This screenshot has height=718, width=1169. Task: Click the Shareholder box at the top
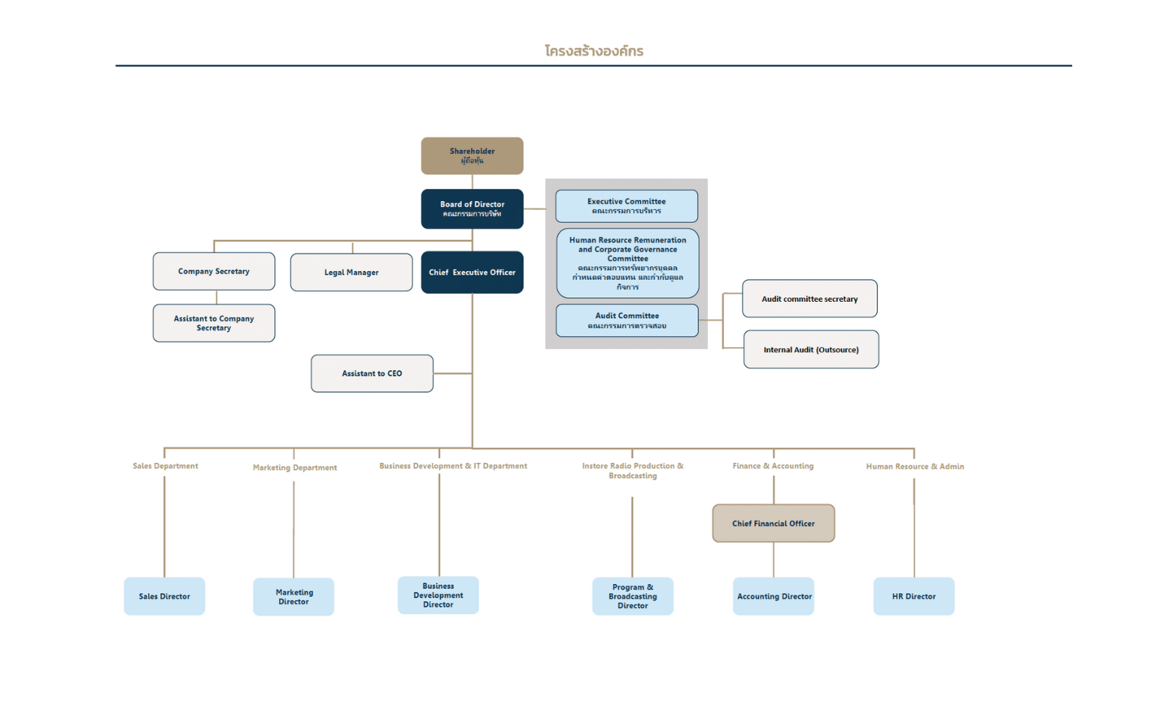point(472,156)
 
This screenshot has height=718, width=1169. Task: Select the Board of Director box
point(472,209)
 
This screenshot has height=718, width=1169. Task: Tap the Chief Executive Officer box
point(472,272)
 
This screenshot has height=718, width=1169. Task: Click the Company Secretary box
point(214,271)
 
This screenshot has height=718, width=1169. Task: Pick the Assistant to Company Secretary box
point(214,323)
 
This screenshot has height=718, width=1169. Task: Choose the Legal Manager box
point(351,272)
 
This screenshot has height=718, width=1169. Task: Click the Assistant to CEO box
point(372,373)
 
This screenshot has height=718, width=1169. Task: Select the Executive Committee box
point(626,205)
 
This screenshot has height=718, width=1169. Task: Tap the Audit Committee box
point(627,321)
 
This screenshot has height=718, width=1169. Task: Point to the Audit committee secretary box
point(809,299)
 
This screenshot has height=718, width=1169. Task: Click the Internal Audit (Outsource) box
point(811,349)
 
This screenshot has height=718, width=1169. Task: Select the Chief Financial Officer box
point(773,523)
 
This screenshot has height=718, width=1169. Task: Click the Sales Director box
point(165,596)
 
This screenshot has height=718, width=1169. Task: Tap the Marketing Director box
point(293,597)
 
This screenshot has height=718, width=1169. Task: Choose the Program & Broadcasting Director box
point(633,596)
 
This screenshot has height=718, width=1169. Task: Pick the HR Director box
point(914,596)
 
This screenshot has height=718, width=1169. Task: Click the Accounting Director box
point(773,596)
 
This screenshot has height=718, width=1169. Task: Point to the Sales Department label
point(165,466)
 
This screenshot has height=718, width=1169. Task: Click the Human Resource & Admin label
point(915,467)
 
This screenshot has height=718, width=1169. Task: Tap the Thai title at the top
point(594,50)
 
